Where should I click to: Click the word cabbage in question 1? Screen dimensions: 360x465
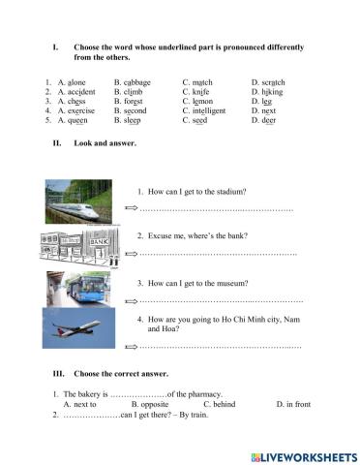[x=134, y=83]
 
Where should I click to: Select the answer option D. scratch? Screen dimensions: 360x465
[x=267, y=83]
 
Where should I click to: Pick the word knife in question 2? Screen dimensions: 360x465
[x=200, y=92]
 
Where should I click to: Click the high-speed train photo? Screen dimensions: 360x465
[x=76, y=201]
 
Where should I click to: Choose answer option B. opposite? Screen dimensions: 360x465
[x=150, y=403]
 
